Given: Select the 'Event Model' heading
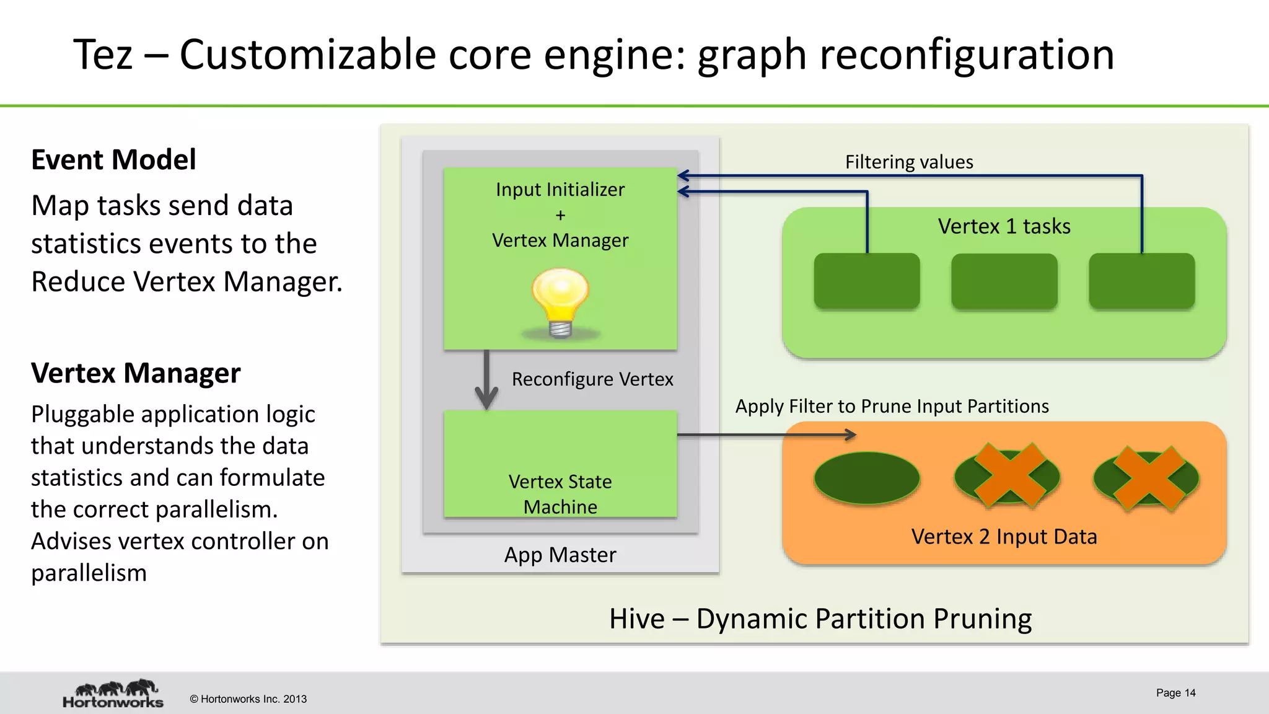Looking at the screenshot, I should click(113, 159).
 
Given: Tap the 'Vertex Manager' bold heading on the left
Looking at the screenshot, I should click(136, 373).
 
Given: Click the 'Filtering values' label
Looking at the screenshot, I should click(909, 162).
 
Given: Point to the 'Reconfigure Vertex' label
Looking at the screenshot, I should click(592, 379).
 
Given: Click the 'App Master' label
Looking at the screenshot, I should click(560, 555).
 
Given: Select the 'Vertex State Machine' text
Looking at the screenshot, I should click(560, 494).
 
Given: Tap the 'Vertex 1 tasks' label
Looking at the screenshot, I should click(1004, 226).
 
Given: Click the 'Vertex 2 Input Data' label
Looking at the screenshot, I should click(1004, 537).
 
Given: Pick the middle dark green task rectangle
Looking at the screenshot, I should click(1004, 281).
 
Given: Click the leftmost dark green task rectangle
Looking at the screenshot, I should click(866, 281).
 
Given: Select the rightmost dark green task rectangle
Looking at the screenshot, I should click(1141, 281).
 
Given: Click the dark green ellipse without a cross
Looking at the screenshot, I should click(866, 478).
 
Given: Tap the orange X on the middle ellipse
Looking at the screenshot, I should click(1007, 476).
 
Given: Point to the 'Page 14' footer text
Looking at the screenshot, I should click(1175, 693).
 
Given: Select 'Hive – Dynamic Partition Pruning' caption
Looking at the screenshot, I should click(820, 619).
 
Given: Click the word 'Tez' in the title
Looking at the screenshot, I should click(103, 55).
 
